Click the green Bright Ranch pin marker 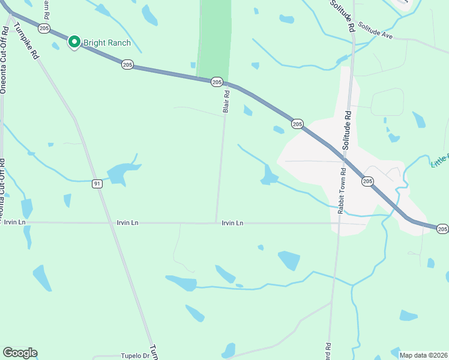point(74,42)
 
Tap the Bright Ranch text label point(107,43)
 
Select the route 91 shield point(97,184)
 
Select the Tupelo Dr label point(134,355)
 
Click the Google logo point(20,353)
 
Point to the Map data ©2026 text point(423,355)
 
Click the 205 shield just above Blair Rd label point(217,82)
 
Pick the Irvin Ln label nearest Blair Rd point(232,223)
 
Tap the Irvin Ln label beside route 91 point(127,223)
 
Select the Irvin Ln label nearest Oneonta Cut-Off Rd point(14,222)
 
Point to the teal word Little point(439,161)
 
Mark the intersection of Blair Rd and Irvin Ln point(216,223)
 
